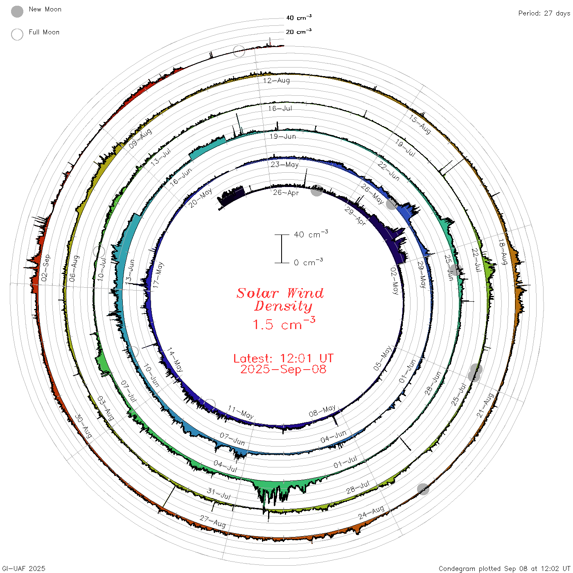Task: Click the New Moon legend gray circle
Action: pos(17,11)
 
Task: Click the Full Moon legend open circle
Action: pos(17,34)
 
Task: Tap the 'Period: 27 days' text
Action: pos(544,14)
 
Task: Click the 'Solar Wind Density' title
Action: pos(280,300)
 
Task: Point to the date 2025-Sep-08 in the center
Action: pos(283,369)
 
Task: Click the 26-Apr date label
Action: pos(286,193)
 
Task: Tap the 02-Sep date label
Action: pos(45,268)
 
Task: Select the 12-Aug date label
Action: pos(277,80)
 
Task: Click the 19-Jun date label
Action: pos(283,136)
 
